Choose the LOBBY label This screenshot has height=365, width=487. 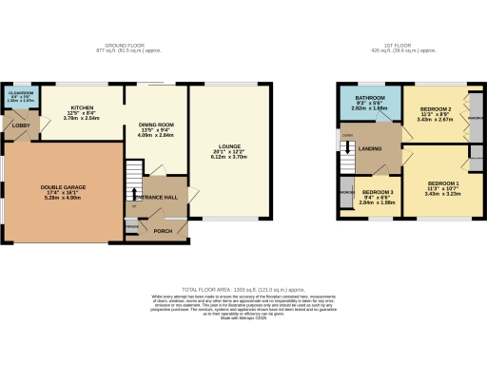(19, 125)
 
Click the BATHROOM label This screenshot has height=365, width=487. (369, 98)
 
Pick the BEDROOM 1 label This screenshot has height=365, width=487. (443, 182)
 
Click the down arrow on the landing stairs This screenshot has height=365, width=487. (349, 145)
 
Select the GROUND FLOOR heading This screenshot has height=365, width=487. (129, 44)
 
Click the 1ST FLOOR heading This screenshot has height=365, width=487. (411, 44)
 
